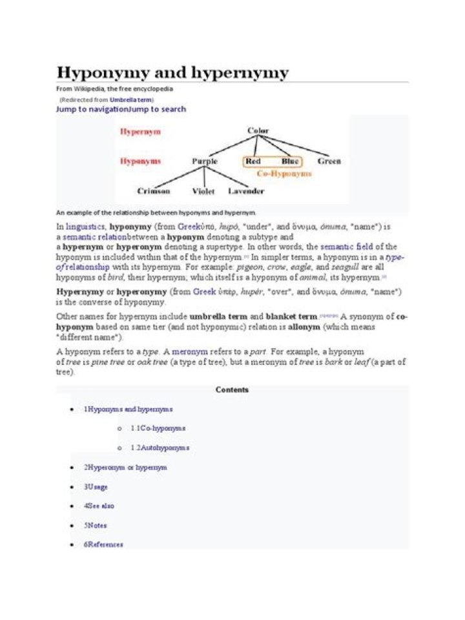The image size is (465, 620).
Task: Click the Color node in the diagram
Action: coord(258,131)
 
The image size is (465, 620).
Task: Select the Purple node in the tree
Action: coord(205,161)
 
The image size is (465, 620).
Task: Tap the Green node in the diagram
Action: coord(329,161)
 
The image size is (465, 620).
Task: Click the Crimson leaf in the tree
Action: coord(154,191)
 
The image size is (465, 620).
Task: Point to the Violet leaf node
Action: coord(203,191)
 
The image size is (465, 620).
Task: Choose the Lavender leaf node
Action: coord(246,191)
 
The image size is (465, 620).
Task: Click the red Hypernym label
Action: coord(140,132)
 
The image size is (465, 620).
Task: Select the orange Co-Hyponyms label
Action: coord(284,174)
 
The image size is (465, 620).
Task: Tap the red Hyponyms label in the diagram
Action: coord(140,161)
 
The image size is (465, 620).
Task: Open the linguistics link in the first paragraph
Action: coord(86,227)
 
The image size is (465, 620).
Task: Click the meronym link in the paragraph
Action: coord(189,352)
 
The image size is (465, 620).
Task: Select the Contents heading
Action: coord(232,390)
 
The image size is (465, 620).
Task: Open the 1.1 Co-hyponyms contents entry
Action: coord(158,428)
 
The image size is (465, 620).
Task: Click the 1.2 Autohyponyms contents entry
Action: coord(160,448)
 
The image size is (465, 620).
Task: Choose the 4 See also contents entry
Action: coord(99,506)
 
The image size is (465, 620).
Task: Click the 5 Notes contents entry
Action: coord(95,525)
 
